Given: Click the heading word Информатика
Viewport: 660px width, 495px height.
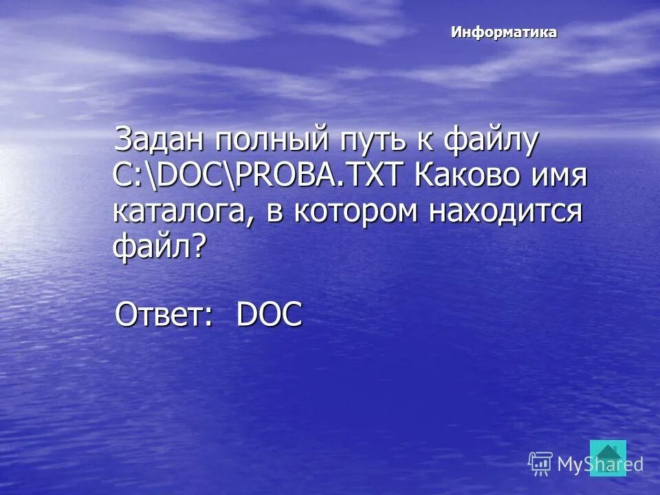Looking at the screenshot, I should click(504, 32).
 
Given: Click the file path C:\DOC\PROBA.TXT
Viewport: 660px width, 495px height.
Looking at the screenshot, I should click(259, 176).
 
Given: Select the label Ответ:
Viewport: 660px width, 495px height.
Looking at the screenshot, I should click(164, 315).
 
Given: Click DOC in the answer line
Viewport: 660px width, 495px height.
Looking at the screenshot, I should click(269, 315).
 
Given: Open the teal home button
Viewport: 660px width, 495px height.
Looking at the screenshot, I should click(608, 457).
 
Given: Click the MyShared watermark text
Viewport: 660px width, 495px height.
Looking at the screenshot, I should click(599, 465).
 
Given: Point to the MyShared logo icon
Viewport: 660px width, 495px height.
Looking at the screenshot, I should click(540, 464).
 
